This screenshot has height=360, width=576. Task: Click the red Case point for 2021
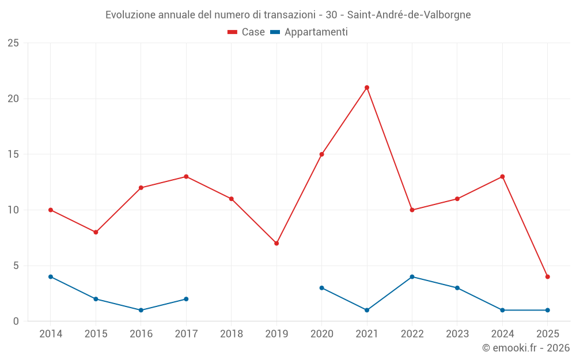pyautogui.click(x=367, y=88)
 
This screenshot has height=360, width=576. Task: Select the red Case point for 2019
pyautogui.click(x=276, y=243)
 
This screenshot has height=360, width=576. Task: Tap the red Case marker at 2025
pyautogui.click(x=547, y=276)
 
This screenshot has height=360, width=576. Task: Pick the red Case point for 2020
pyautogui.click(x=321, y=154)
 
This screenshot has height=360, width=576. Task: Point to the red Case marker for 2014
pyautogui.click(x=51, y=210)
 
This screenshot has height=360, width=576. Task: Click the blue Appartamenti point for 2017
pyautogui.click(x=186, y=299)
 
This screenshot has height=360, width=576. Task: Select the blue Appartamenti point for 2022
pyautogui.click(x=412, y=276)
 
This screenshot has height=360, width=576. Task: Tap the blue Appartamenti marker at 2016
pyautogui.click(x=141, y=310)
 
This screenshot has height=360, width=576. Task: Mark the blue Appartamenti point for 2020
pyautogui.click(x=321, y=287)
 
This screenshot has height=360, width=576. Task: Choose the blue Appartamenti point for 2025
pyautogui.click(x=547, y=310)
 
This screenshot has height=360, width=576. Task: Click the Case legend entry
pyautogui.click(x=247, y=32)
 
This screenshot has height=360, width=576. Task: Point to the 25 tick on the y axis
pyautogui.click(x=13, y=43)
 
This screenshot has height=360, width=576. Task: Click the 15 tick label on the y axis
pyautogui.click(x=13, y=154)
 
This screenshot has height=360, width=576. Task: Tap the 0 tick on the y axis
pyautogui.click(x=16, y=321)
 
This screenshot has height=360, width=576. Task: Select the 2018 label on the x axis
pyautogui.click(x=231, y=334)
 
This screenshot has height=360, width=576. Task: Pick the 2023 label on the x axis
pyautogui.click(x=457, y=334)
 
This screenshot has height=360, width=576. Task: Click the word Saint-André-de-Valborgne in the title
pyautogui.click(x=409, y=15)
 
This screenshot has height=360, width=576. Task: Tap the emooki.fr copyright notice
pyautogui.click(x=525, y=348)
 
